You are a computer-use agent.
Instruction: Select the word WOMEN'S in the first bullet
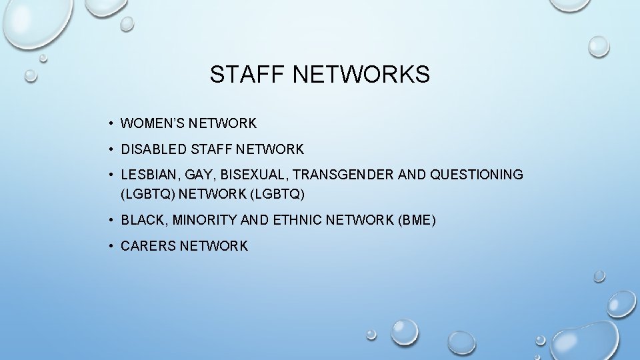pyautogui.click(x=152, y=123)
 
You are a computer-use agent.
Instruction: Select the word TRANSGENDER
pyautogui.click(x=344, y=175)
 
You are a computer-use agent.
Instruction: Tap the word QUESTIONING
pyautogui.click(x=477, y=175)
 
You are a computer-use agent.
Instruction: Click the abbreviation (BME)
pyautogui.click(x=416, y=220)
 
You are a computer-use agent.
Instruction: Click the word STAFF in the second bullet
pyautogui.click(x=209, y=149)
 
